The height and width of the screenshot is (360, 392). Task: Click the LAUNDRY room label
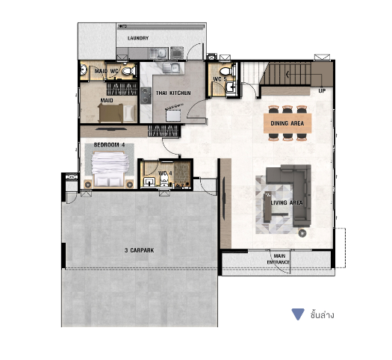(138, 38)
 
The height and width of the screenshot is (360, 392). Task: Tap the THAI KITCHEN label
(173, 93)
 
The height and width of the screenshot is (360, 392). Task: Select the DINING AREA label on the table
(287, 123)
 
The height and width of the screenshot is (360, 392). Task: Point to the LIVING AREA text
(287, 202)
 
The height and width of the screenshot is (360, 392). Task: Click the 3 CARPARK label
(139, 250)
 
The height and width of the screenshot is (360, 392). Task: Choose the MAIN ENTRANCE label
(279, 259)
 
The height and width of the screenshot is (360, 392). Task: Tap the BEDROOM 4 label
(109, 145)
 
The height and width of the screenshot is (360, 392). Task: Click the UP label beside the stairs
(322, 91)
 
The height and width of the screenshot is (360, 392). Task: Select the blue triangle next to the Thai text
(298, 314)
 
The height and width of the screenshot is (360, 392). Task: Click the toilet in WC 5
(226, 70)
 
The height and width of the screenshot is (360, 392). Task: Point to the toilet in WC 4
(164, 180)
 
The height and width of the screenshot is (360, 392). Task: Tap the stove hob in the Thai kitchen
(146, 96)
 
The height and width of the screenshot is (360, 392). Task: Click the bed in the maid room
(117, 113)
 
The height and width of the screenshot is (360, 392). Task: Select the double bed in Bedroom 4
(109, 169)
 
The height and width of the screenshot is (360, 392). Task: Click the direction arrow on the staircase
(288, 74)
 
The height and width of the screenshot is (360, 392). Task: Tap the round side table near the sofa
(302, 233)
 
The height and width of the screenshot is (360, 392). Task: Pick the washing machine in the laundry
(177, 53)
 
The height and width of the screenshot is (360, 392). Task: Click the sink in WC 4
(149, 181)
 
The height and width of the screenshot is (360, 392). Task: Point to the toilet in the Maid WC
(129, 71)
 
